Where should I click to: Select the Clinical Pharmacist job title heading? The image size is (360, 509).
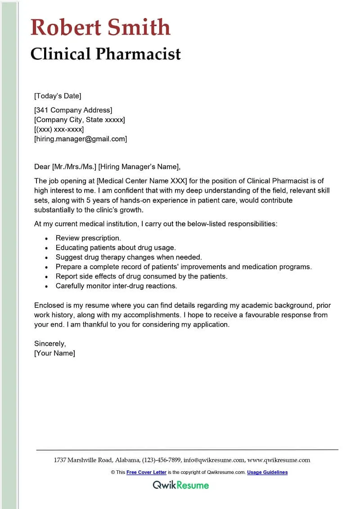[106, 54]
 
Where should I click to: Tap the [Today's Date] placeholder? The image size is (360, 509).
[58, 95]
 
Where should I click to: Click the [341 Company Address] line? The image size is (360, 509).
[73, 110]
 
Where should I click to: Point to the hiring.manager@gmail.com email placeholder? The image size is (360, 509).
[81, 139]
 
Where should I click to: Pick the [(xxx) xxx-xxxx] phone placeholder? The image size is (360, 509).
[59, 129]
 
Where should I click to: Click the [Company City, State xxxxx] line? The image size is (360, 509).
[80, 120]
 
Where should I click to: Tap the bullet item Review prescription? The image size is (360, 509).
[88, 238]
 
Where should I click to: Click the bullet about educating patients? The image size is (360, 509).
[116, 248]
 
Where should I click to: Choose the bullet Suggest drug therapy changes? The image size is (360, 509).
[129, 257]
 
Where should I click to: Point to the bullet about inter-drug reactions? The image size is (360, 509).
[116, 286]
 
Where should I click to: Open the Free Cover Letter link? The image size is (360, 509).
[146, 472]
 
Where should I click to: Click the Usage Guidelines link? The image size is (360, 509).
[267, 472]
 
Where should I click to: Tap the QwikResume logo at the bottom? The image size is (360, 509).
[180, 485]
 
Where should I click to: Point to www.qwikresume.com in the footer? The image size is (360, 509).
[279, 460]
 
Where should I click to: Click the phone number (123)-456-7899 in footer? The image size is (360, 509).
[162, 460]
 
